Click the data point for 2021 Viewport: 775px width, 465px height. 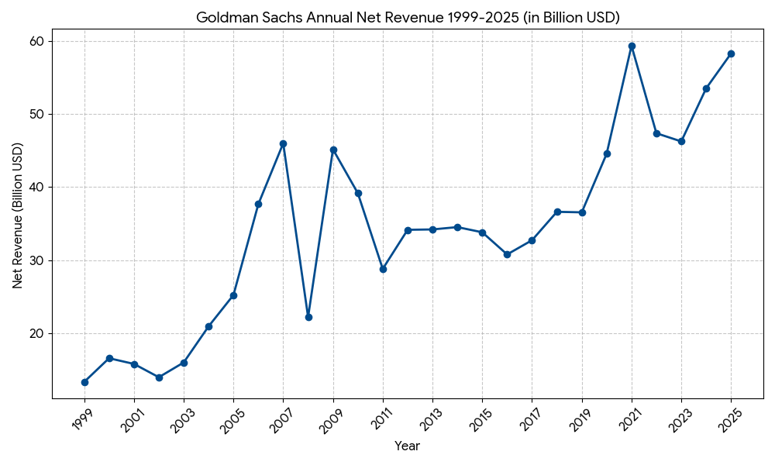click(x=632, y=46)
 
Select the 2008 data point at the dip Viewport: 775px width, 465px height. click(x=308, y=317)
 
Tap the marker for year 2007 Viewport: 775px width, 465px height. click(x=283, y=143)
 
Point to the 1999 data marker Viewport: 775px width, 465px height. click(x=84, y=382)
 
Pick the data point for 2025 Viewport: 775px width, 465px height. click(x=731, y=53)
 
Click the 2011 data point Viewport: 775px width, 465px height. click(x=383, y=269)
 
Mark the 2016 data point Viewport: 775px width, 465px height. click(x=507, y=254)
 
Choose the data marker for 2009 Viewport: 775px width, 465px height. click(x=333, y=150)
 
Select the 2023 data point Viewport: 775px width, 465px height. click(x=681, y=141)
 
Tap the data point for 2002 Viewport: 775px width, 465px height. click(x=159, y=377)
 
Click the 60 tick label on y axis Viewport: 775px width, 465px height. click(x=36, y=41)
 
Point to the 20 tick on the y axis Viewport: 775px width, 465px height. click(x=36, y=334)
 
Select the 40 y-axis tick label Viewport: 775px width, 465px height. click(x=36, y=188)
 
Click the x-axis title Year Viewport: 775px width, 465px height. click(x=408, y=446)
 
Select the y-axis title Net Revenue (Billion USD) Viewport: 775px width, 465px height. click(x=18, y=215)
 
